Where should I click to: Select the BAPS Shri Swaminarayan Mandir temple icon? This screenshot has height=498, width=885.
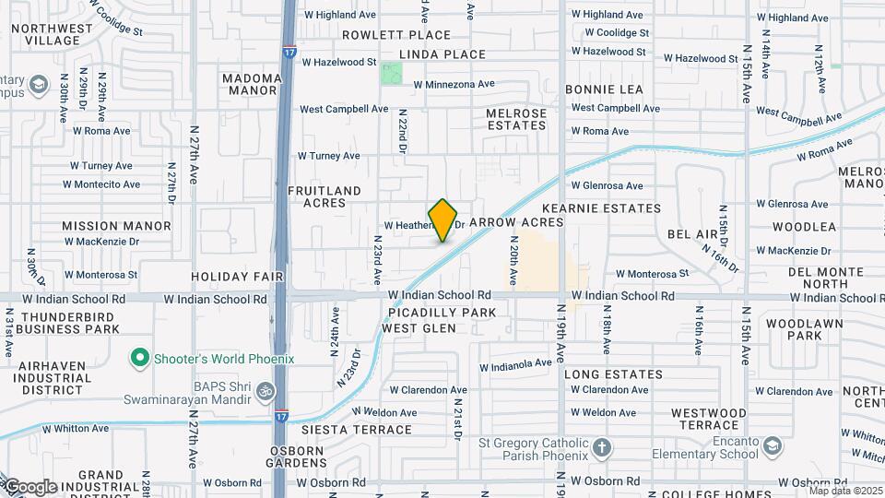click(265, 391)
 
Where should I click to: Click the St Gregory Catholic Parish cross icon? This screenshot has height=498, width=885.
click(601, 449)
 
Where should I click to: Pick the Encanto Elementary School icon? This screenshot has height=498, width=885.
click(773, 447)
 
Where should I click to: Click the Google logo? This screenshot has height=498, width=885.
click(29, 486)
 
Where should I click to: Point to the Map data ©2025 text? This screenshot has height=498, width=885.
click(844, 490)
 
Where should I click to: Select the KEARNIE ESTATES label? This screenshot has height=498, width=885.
click(602, 208)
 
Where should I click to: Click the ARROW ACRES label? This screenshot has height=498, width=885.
click(516, 222)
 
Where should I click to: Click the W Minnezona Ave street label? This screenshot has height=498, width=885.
click(454, 84)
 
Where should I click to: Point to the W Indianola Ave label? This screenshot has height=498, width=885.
click(515, 364)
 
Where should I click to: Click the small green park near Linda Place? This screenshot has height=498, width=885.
click(393, 73)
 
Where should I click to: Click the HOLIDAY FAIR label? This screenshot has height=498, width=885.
click(234, 276)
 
